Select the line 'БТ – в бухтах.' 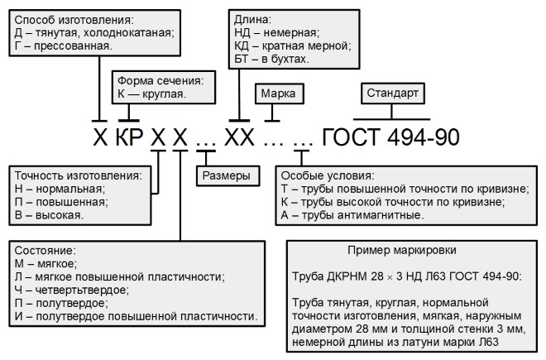(272, 59)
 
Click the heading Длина (253, 18)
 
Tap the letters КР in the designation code (127, 136)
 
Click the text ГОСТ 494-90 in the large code (389, 136)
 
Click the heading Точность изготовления (78, 175)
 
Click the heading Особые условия (328, 175)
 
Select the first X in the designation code (100, 136)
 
